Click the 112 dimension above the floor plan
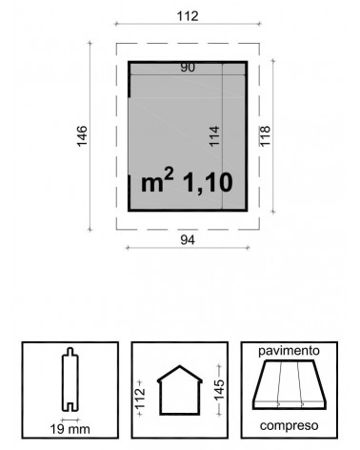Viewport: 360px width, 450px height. (x=188, y=16)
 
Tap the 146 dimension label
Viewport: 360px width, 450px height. (x=82, y=136)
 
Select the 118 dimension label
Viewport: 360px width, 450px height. (x=265, y=135)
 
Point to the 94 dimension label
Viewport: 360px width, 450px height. (x=188, y=240)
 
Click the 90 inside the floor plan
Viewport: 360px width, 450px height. (x=188, y=68)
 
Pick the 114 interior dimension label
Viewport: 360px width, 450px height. (x=214, y=136)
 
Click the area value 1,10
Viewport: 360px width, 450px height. (x=208, y=183)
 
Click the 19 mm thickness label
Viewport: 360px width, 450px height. (x=70, y=429)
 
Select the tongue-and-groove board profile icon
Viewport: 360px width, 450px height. (x=70, y=379)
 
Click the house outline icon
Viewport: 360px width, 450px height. (x=180, y=390)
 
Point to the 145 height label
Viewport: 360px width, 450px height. (x=219, y=390)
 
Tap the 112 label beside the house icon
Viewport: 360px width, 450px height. (x=140, y=398)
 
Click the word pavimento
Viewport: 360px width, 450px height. (x=289, y=351)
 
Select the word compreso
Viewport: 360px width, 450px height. (x=289, y=425)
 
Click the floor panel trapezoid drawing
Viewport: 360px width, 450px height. (x=290, y=384)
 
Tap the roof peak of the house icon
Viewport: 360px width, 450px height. (x=180, y=366)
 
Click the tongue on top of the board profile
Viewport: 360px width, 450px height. (x=70, y=351)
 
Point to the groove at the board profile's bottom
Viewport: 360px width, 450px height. (x=70, y=407)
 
